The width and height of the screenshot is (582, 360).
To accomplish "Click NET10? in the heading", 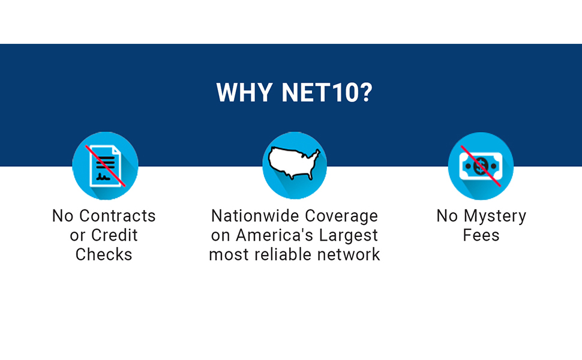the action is (326, 92).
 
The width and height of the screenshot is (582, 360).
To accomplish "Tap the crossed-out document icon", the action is (105, 166).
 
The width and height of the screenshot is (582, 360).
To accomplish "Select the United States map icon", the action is (294, 162).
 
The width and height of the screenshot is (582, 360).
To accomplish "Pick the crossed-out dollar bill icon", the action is (481, 166).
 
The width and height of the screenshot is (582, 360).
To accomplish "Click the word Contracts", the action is (118, 216).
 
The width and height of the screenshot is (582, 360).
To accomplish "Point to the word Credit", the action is (113, 235).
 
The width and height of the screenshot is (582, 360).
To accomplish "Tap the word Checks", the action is (104, 254).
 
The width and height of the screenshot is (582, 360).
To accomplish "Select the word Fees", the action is (481, 235).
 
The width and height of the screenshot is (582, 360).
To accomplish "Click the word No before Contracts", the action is (63, 216).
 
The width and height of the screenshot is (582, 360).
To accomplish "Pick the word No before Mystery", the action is (447, 216).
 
